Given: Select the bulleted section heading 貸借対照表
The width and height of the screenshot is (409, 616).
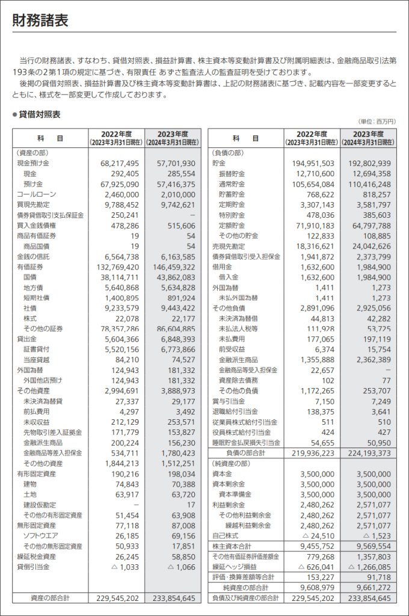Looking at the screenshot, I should point(39,114).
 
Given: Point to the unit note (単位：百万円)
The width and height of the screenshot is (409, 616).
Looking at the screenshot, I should point(378,122).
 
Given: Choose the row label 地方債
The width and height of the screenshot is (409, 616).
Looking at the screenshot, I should point(34,288).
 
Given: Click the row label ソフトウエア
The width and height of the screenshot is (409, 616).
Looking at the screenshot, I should point(41,536).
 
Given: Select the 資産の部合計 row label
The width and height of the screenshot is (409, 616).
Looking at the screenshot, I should point(49,598).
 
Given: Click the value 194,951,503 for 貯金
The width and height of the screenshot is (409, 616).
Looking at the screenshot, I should point(312,163).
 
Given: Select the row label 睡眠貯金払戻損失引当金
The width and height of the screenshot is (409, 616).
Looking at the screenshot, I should point(246,442).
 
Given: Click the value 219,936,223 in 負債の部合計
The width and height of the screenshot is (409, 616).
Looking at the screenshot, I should point(312,453).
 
